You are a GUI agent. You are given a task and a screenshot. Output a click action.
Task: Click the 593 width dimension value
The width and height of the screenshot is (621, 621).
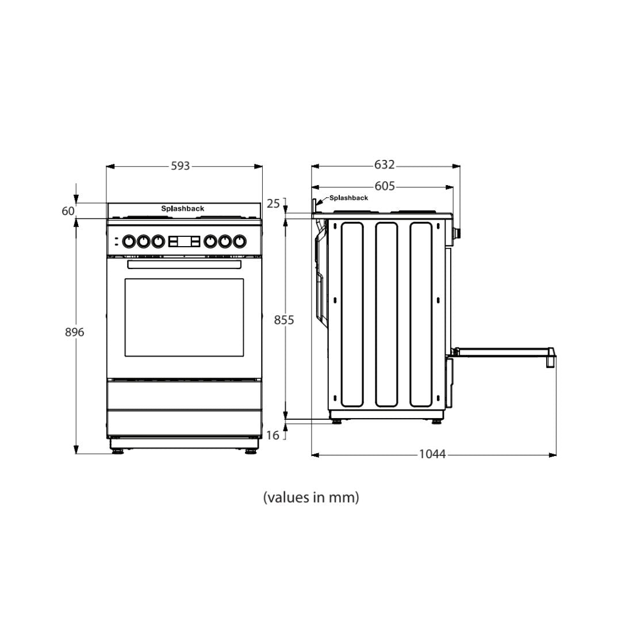(x=180, y=166)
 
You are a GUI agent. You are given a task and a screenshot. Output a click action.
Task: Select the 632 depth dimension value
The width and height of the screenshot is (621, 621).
(x=384, y=165)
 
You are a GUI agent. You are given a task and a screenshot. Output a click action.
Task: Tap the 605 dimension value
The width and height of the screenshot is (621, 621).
(x=385, y=186)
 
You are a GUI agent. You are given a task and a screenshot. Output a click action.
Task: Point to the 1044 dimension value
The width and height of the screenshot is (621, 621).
(x=432, y=454)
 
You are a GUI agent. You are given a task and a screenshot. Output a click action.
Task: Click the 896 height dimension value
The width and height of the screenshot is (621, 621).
(x=74, y=332)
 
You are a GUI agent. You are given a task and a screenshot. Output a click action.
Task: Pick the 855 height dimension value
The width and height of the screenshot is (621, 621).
(x=284, y=320)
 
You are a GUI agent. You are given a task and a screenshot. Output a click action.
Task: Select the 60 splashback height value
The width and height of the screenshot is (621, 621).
(x=68, y=211)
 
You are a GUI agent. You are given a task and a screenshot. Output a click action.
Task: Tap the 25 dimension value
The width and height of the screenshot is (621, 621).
(x=273, y=204)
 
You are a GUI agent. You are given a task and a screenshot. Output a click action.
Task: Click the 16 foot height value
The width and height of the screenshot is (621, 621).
(x=273, y=435)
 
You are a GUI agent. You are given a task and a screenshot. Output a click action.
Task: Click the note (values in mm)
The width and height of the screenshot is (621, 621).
(x=311, y=497)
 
